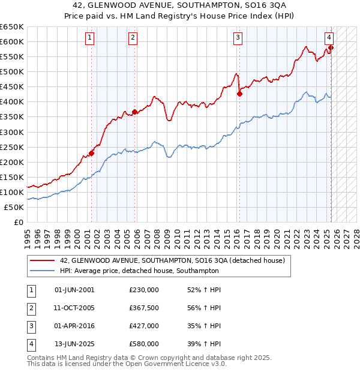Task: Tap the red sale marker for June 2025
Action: [x=331, y=47]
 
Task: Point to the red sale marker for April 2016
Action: [x=239, y=94]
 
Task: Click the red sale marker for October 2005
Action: [x=134, y=111]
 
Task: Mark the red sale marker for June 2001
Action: [x=92, y=153]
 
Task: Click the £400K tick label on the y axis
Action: [x=11, y=102]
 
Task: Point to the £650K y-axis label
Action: [x=11, y=27]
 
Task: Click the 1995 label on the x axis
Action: [x=27, y=234]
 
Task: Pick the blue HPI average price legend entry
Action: [x=139, y=271]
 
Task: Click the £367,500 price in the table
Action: [x=144, y=308]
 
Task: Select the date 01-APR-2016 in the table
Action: [x=74, y=326]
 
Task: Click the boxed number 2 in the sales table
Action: [x=31, y=308]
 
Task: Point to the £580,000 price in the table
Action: [x=144, y=344]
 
